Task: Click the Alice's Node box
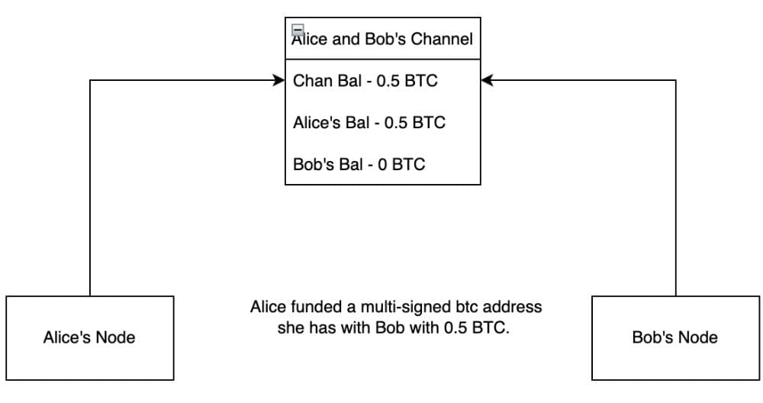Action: point(89,337)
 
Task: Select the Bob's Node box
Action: point(675,337)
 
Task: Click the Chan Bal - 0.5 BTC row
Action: point(365,80)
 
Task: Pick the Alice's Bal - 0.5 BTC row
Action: point(369,122)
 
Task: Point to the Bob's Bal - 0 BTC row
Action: point(359,164)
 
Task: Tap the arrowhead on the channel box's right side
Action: point(487,80)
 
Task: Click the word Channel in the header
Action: point(443,39)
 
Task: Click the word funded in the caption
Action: point(317,308)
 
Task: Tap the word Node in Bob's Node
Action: point(700,337)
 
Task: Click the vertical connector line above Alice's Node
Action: point(90,191)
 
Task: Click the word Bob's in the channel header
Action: point(389,39)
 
